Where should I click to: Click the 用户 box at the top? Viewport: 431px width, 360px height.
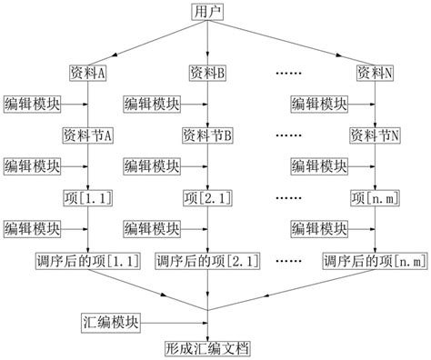click(208, 12)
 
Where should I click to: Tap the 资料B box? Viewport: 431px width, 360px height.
click(208, 72)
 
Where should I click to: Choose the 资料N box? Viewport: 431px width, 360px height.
click(376, 72)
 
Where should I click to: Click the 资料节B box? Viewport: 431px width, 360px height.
click(208, 135)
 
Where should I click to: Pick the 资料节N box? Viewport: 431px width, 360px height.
click(376, 135)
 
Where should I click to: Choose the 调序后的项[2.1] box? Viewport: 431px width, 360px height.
click(208, 261)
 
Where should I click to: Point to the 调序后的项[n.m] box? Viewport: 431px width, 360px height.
click(376, 261)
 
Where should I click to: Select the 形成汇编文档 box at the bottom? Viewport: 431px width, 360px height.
click(208, 348)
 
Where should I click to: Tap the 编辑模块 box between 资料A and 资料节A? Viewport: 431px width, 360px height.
click(33, 104)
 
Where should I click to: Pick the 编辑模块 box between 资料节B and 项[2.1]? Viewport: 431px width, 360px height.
click(153, 166)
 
